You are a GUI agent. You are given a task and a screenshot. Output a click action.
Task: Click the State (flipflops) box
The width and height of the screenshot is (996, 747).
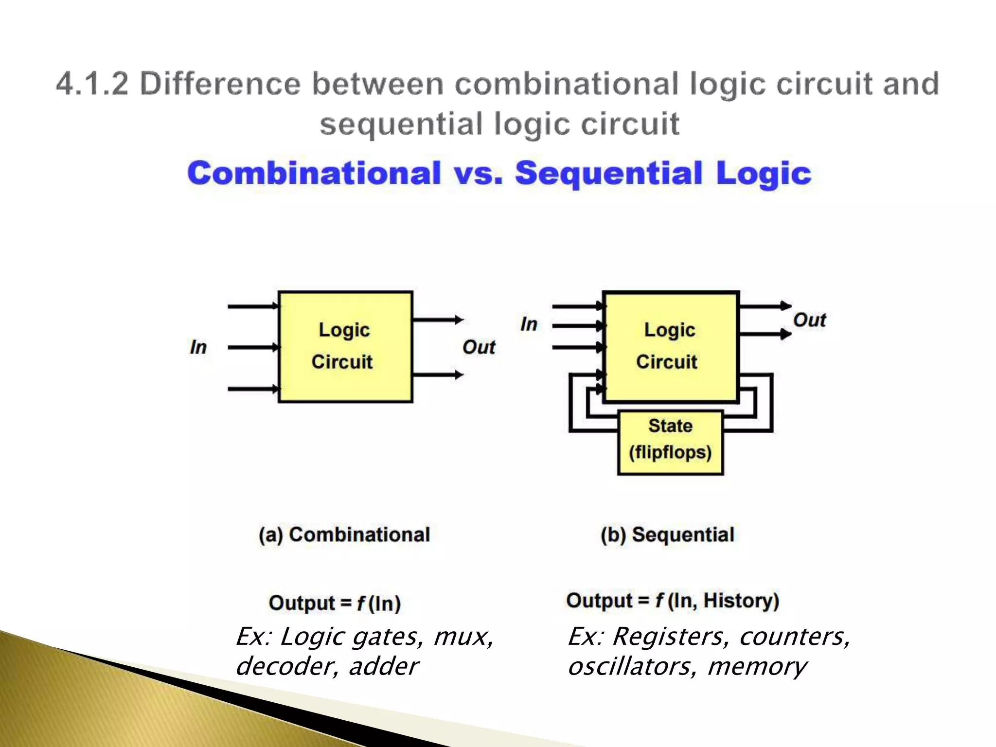tap(670, 443)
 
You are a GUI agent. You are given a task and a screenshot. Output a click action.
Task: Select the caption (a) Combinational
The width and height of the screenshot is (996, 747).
tap(344, 534)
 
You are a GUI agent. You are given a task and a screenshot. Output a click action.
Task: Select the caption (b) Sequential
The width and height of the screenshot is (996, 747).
tap(667, 534)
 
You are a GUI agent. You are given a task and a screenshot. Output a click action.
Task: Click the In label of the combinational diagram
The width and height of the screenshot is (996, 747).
tap(198, 347)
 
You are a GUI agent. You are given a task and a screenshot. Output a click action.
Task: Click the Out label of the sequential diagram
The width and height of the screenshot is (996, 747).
tap(809, 320)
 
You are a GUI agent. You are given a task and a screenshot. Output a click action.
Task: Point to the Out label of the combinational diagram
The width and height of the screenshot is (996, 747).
tap(479, 347)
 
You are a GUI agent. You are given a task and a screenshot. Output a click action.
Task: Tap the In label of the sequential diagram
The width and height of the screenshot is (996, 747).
tap(529, 324)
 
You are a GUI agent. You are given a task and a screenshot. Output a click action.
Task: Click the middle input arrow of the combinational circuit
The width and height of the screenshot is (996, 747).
tap(253, 347)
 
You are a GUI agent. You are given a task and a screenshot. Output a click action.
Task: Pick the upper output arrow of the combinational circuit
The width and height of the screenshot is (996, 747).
tap(438, 320)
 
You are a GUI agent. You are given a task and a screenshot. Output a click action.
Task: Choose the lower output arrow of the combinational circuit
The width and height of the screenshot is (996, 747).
tap(438, 375)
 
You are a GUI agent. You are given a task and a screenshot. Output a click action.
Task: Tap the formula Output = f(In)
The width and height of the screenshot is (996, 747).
tap(335, 603)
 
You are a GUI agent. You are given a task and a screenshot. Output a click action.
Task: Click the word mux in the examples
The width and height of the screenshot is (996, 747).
tap(462, 637)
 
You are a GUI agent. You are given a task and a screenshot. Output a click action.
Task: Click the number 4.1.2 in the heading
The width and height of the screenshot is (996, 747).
tap(92, 84)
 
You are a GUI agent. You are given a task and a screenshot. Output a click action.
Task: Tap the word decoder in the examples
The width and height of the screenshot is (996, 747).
tap(285, 667)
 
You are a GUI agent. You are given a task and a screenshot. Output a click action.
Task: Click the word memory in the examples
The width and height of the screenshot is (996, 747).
tap(757, 667)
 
